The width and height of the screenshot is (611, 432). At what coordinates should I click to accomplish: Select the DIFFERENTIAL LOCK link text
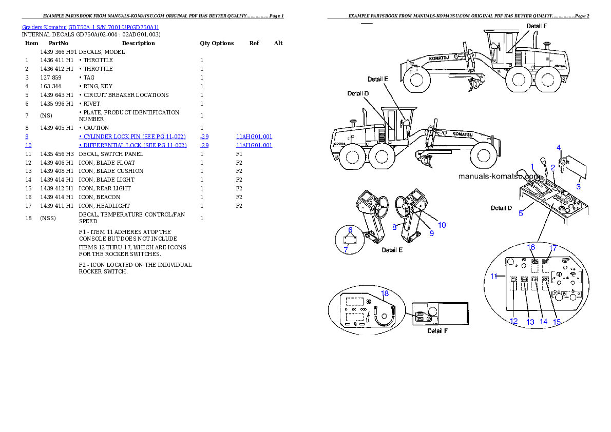[132, 145]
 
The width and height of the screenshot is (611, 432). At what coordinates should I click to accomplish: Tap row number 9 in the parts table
[27, 136]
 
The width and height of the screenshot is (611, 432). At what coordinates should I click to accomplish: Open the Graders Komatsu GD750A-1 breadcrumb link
[90, 27]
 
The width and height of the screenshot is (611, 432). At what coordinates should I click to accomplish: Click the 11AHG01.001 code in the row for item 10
[254, 145]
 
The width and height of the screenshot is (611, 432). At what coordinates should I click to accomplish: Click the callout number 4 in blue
[559, 148]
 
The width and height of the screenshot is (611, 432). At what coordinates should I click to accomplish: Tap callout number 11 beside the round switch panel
[494, 276]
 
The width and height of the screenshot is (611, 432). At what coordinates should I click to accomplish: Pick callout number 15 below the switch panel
[557, 322]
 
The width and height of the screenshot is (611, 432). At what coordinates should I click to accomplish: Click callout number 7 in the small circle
[346, 249]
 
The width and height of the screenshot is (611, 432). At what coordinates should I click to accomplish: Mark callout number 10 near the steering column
[442, 225]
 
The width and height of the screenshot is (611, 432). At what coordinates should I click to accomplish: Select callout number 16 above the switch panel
[532, 247]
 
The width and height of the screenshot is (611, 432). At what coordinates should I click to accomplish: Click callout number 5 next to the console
[521, 213]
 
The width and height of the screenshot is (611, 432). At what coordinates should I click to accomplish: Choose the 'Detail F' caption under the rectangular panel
[437, 331]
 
